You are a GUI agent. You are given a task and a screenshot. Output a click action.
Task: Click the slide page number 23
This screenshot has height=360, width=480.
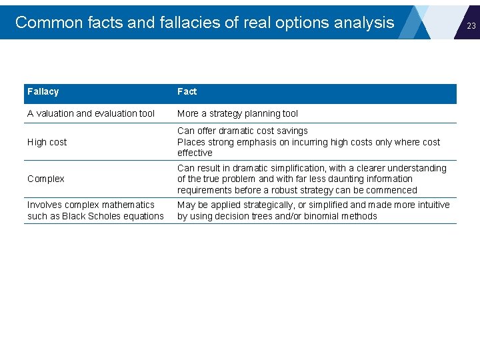tap(471, 25)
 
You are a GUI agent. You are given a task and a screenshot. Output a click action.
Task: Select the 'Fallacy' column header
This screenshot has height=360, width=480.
tap(43, 91)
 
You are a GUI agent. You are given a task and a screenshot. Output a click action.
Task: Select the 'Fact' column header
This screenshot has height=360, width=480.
tap(187, 91)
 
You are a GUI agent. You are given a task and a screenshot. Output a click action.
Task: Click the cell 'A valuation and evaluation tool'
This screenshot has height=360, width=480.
tap(91, 113)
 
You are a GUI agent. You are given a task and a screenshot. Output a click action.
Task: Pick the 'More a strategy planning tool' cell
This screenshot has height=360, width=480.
tap(237, 113)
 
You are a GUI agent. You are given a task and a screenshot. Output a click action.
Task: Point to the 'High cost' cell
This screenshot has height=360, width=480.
tap(47, 142)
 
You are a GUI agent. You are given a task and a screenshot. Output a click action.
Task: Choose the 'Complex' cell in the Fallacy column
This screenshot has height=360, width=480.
tap(45, 179)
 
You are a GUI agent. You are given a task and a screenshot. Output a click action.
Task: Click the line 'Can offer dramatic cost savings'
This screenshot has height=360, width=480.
tap(242, 131)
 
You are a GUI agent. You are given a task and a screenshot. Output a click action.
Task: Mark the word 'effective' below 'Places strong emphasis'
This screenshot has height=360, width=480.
tap(195, 153)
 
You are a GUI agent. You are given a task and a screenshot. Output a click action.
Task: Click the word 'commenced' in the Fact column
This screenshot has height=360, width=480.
tap(393, 190)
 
